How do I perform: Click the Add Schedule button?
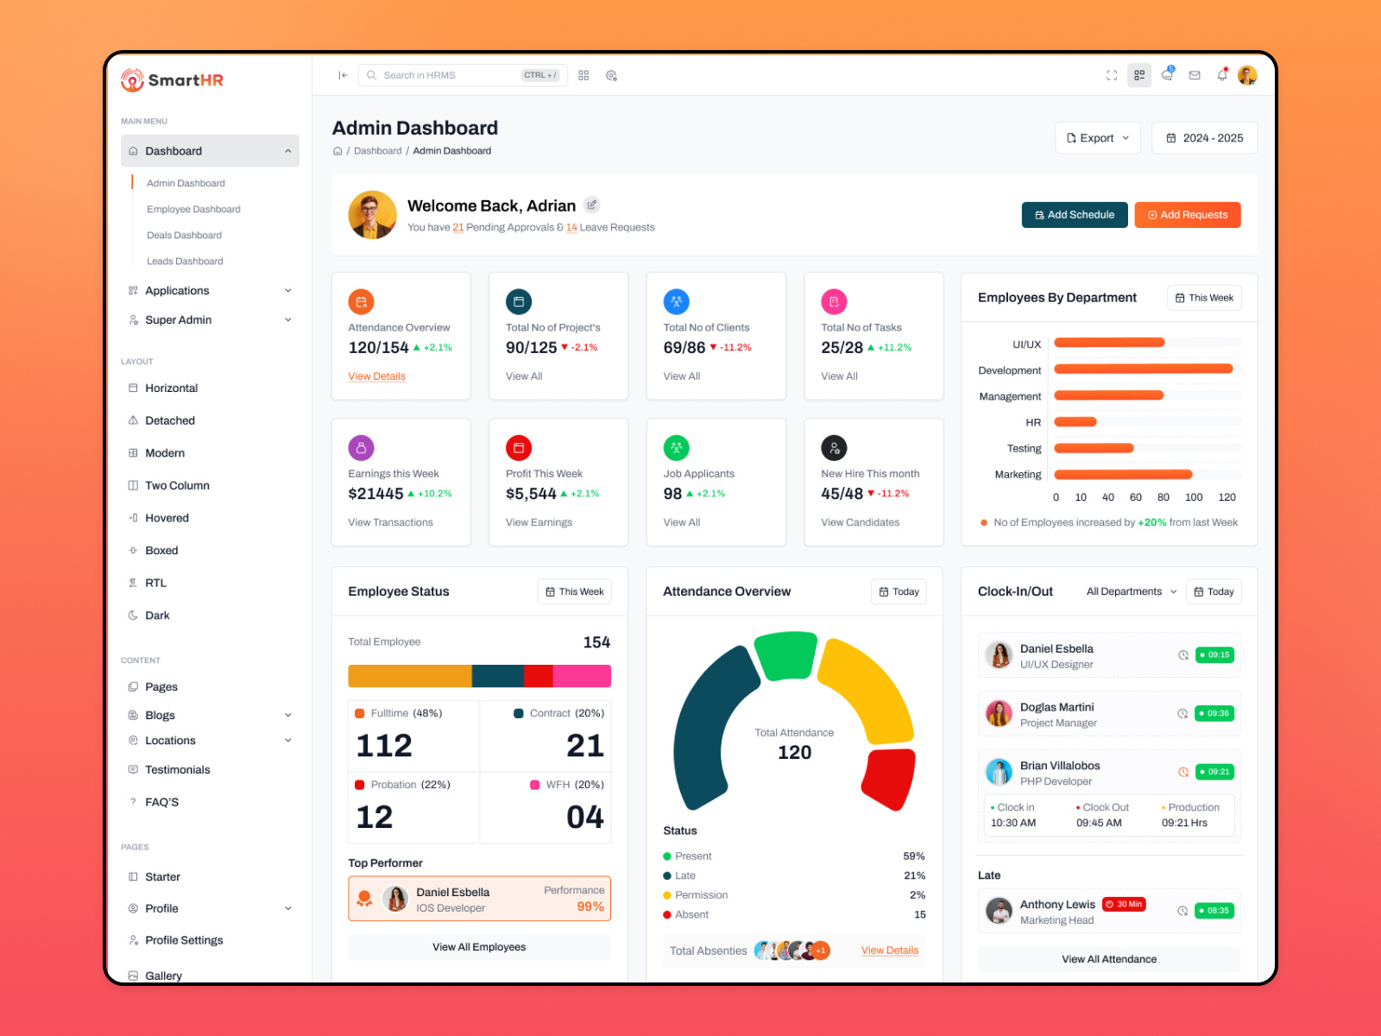pos(1075,215)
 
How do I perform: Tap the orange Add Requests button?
pos(1187,215)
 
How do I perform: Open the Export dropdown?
pos(1097,138)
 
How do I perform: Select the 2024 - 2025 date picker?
pos(1204,138)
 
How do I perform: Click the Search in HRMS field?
pos(449,75)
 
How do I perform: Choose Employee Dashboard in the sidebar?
pos(193,209)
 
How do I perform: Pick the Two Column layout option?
pos(177,485)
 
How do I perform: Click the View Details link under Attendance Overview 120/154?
pos(376,376)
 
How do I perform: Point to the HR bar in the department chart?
pos(1075,422)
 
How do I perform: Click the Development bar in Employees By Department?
pos(1143,369)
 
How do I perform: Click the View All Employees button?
pos(479,947)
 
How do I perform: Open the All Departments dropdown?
pos(1131,591)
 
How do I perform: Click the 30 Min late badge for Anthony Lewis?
pos(1124,904)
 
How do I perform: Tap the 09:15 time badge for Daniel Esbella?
pos(1214,655)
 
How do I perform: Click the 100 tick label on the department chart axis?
pos(1194,497)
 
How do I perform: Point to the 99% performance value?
pos(590,906)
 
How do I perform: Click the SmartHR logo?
pos(173,80)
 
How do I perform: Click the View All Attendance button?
pos(1109,959)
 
